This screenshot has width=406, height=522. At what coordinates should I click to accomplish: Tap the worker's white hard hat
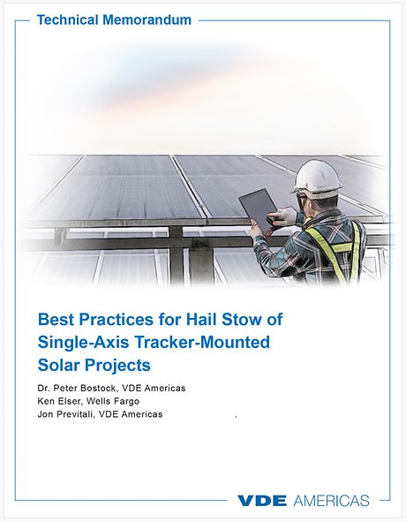318,177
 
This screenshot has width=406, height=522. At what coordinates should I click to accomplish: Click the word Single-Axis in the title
75,341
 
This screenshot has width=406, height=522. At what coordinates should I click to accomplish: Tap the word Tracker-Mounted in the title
186,341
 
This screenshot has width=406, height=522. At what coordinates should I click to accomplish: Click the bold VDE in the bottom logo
262,501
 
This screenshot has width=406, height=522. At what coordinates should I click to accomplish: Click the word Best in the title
56,318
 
